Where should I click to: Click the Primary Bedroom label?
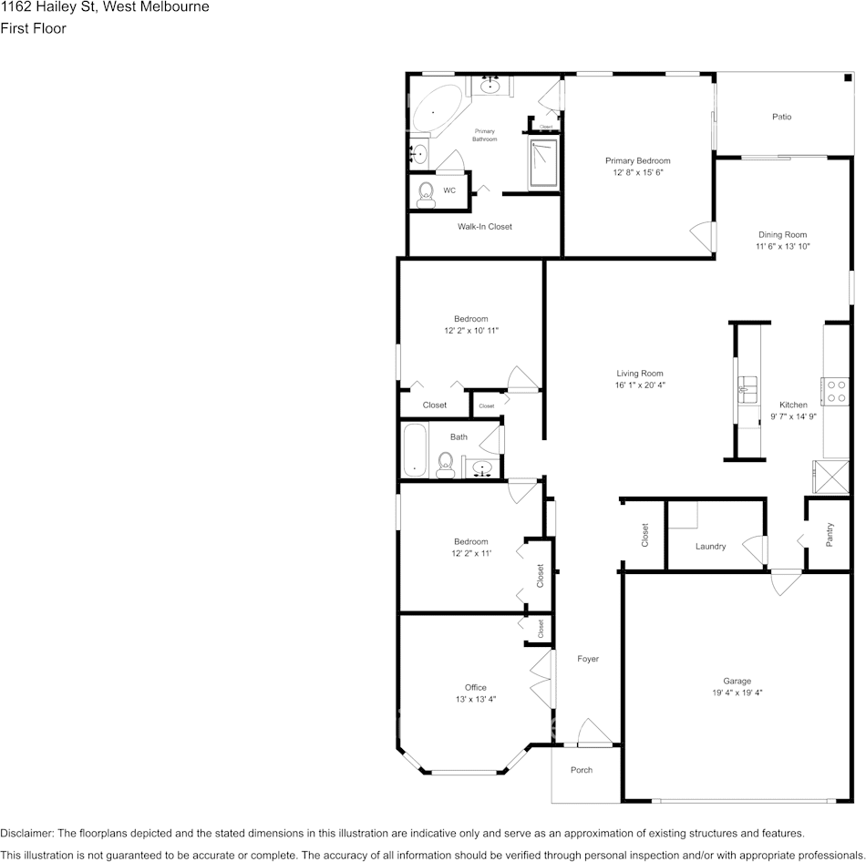pyautogui.click(x=637, y=160)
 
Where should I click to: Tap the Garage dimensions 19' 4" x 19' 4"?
pyautogui.click(x=737, y=693)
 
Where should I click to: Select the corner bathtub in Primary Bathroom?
pyautogui.click(x=435, y=111)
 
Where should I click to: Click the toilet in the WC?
pyautogui.click(x=426, y=192)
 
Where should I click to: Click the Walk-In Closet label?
pyautogui.click(x=484, y=226)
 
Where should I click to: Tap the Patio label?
pyautogui.click(x=781, y=117)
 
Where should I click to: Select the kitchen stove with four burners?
pyautogui.click(x=835, y=392)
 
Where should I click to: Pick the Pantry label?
pyautogui.click(x=830, y=534)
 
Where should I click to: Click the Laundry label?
pyautogui.click(x=710, y=547)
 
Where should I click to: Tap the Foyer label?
pyautogui.click(x=588, y=659)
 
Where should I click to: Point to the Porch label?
pyautogui.click(x=581, y=770)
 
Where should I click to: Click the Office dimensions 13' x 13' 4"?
pyautogui.click(x=475, y=699)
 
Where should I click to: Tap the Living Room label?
pyautogui.click(x=639, y=373)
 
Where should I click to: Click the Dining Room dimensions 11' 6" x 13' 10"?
pyautogui.click(x=782, y=246)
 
